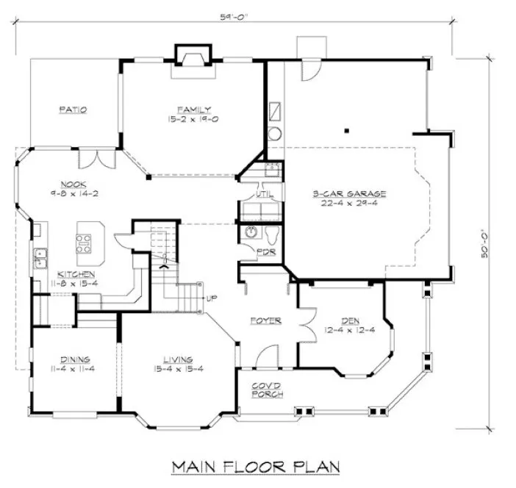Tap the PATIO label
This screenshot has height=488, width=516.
[x=73, y=110]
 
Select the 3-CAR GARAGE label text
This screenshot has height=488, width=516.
[x=348, y=194]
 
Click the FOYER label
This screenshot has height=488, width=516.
[x=266, y=320]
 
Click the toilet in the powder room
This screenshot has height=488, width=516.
[x=273, y=235]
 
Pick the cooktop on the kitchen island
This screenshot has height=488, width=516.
[x=84, y=242]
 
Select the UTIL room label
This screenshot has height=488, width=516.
[x=264, y=195]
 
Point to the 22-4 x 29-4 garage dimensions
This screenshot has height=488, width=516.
[x=348, y=204]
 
